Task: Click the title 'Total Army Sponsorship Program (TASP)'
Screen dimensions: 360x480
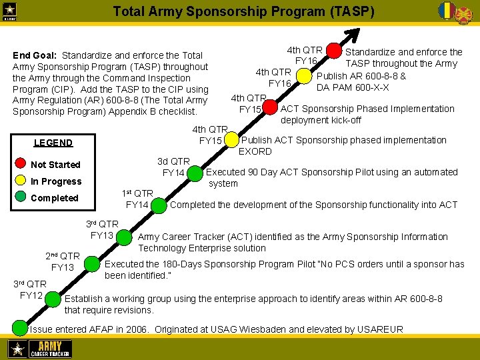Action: click(x=243, y=12)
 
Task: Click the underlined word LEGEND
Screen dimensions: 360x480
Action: click(x=53, y=143)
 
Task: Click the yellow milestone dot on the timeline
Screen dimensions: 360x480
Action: click(x=231, y=141)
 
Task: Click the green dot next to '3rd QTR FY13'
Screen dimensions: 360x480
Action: click(x=125, y=236)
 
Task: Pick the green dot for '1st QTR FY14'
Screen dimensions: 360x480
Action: click(x=159, y=205)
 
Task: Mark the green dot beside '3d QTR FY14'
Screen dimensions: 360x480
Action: click(x=195, y=173)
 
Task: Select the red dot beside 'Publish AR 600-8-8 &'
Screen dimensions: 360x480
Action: click(x=305, y=78)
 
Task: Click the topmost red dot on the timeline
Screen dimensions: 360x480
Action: click(x=333, y=52)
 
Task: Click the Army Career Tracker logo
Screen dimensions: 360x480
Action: click(x=39, y=349)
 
